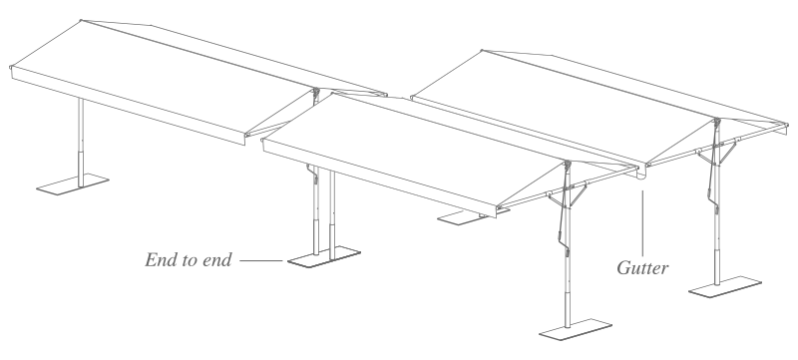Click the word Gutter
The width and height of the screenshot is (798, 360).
tap(642, 268)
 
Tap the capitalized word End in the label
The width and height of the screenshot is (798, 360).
tap(161, 260)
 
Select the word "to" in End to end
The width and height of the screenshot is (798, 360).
tap(189, 260)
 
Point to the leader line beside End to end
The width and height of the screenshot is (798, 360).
tap(260, 261)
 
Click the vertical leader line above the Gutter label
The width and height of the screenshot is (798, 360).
tap(642, 222)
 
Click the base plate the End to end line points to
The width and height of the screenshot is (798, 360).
tap(323, 257)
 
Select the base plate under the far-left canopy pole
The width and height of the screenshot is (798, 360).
tap(72, 184)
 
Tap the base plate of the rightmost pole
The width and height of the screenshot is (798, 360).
tap(725, 287)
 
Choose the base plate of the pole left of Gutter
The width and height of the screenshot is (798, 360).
tap(576, 329)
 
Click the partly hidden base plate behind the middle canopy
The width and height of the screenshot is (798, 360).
tap(463, 217)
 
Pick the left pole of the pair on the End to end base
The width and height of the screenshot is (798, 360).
tap(316, 210)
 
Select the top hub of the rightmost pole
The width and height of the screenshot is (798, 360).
tap(717, 122)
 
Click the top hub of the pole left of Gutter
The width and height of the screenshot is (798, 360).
tap(568, 165)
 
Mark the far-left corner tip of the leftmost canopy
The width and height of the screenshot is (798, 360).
tap(11, 67)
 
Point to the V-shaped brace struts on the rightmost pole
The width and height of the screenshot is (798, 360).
tap(716, 153)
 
